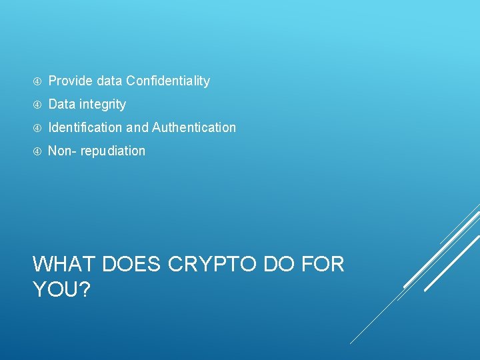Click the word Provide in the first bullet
click(71, 81)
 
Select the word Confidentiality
click(168, 81)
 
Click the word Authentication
click(194, 127)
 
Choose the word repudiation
click(113, 151)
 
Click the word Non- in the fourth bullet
click(62, 151)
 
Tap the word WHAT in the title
click(64, 265)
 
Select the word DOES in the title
click(131, 265)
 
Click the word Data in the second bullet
click(62, 105)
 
